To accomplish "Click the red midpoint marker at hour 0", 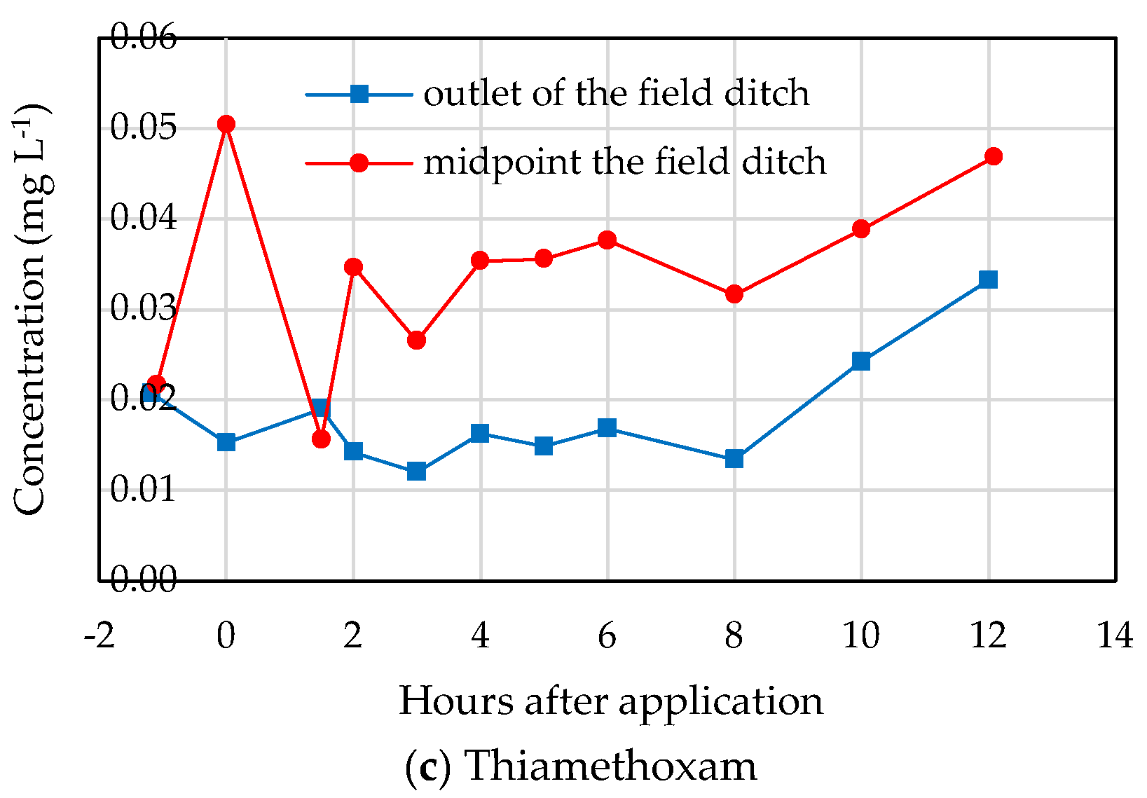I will click(x=226, y=125).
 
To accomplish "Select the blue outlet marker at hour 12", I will click(x=988, y=280).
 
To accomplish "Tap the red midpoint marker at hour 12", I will click(x=993, y=156).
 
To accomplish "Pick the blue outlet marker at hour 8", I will click(x=734, y=459).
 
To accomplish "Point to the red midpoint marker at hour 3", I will click(x=416, y=340).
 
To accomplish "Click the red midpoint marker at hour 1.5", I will click(x=321, y=439).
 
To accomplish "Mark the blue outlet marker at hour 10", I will click(x=861, y=362).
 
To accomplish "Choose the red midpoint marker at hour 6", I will click(x=607, y=240).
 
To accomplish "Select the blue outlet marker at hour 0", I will click(x=226, y=442).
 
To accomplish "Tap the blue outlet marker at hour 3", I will click(x=416, y=471).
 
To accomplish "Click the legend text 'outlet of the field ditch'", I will click(x=616, y=93).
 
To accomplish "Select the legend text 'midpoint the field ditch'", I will click(x=624, y=162).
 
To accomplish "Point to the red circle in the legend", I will click(x=359, y=163).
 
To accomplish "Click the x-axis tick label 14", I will click(x=1115, y=636).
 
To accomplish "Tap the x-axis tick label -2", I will click(x=99, y=636).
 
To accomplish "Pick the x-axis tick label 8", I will click(x=734, y=636).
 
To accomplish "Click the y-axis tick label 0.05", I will click(x=144, y=128).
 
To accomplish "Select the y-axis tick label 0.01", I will click(x=144, y=490).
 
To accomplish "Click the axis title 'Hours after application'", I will click(x=611, y=701).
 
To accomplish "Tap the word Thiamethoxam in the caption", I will click(x=610, y=765).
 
